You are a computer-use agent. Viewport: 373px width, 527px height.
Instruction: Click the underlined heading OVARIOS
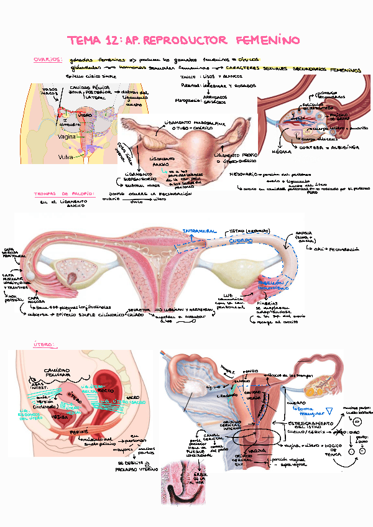point(47,60)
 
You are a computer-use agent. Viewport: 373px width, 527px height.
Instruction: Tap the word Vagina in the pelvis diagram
point(67,136)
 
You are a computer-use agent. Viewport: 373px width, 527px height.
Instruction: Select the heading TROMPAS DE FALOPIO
point(63,194)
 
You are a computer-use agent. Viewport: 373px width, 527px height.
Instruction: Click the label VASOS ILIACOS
point(50,91)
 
